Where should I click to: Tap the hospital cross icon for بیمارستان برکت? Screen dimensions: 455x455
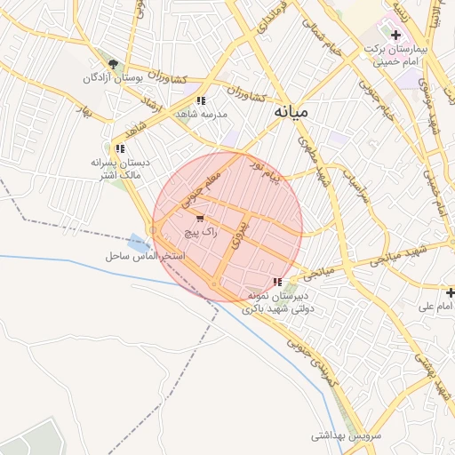point(395,35)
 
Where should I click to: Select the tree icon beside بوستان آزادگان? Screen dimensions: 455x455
point(113,63)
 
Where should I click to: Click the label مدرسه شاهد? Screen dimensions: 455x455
point(204,115)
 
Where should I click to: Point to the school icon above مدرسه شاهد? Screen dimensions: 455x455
point(202,100)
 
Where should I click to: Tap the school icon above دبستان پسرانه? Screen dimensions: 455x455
point(119,148)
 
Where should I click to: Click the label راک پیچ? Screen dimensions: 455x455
point(200,231)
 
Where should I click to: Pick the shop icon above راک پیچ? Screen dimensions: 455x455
point(200,218)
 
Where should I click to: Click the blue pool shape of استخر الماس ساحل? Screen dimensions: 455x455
point(138,242)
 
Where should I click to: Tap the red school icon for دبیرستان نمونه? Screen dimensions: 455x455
point(278,282)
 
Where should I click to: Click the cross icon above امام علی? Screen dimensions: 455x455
point(451,291)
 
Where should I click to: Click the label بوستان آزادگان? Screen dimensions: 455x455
point(113,78)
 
